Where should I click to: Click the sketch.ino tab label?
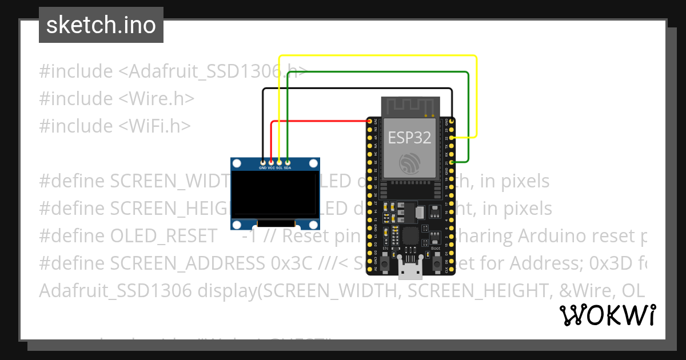coord(101,25)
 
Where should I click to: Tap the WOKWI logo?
coord(607,315)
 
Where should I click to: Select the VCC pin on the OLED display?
coord(271,162)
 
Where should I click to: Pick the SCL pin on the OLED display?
coord(279,162)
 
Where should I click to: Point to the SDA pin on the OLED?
coord(288,162)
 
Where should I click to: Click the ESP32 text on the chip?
coord(409,138)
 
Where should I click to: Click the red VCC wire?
coord(320,121)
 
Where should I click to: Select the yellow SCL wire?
coord(377,56)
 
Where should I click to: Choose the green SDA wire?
coord(377,73)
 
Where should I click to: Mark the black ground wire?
coord(354,89)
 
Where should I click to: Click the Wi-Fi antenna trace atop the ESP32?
coord(409,106)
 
